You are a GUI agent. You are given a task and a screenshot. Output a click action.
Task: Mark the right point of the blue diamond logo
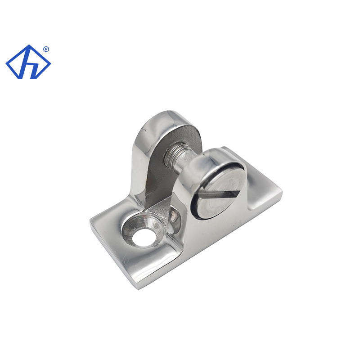coord(50,63)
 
